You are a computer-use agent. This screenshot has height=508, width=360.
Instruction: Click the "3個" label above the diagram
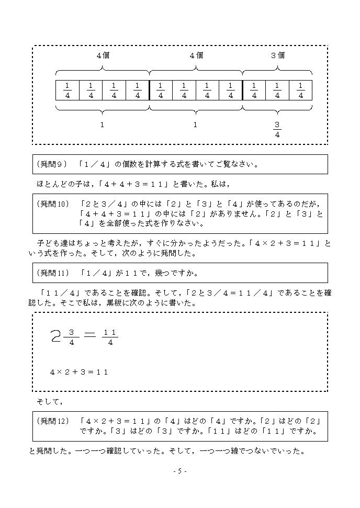tap(278, 55)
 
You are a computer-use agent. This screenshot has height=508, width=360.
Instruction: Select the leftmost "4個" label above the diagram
tap(103, 55)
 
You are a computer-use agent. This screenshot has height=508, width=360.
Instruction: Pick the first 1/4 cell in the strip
tap(67, 90)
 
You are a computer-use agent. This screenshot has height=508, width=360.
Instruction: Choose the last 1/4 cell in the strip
tap(300, 90)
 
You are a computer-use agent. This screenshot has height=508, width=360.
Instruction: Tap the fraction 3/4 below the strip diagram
tap(277, 129)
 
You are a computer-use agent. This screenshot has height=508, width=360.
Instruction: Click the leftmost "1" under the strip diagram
tap(103, 125)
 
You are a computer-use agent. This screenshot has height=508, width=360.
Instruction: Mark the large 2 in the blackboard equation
tap(56, 336)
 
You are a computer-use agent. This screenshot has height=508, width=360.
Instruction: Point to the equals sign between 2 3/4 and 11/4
tap(90, 336)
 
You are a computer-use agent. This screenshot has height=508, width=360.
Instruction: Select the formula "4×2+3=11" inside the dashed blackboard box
tap(79, 372)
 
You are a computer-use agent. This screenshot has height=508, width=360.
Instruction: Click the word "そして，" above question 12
tap(50, 402)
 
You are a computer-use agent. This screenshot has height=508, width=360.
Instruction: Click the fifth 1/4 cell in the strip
tap(161, 90)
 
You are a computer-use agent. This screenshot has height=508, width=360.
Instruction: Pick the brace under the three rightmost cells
tap(277, 109)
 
